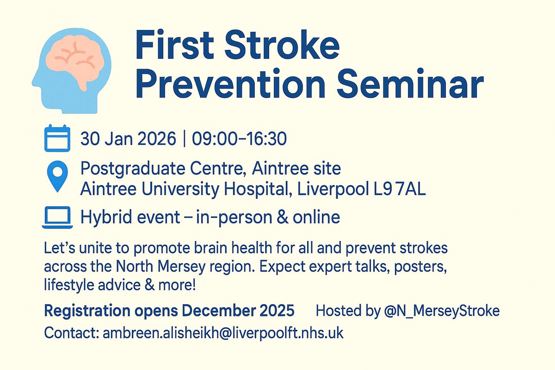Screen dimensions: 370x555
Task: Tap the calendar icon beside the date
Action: click(57, 138)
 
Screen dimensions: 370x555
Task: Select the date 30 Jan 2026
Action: click(128, 139)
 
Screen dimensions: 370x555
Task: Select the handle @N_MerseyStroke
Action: click(441, 311)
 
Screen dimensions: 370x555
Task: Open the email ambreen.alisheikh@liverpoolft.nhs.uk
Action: click(222, 333)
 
